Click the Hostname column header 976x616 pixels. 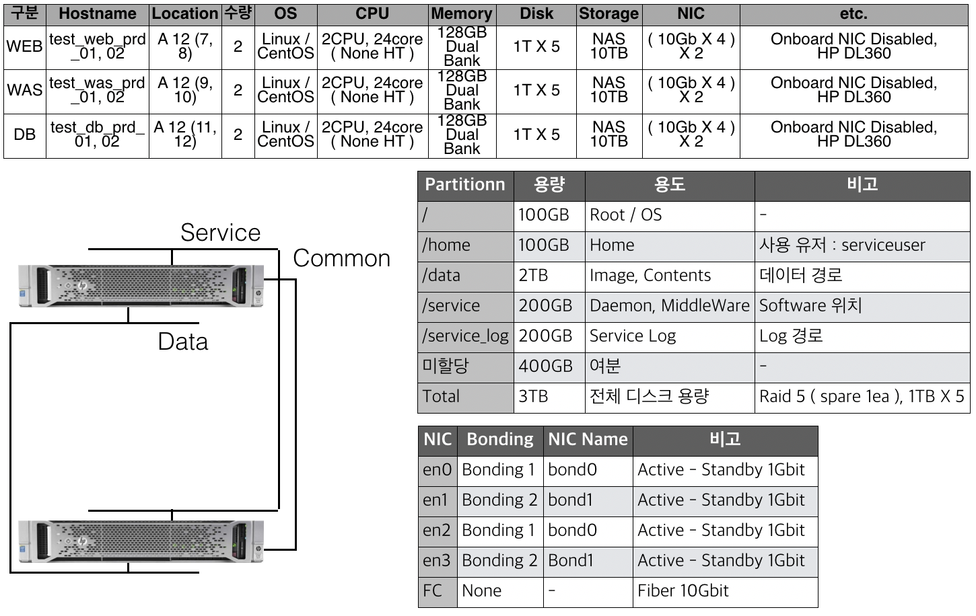98,13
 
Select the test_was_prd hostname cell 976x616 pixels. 98,90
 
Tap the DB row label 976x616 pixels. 25,134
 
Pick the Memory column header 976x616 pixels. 462,13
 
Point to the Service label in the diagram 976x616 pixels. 220,233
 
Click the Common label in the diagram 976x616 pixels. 341,258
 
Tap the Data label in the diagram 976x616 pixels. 182,342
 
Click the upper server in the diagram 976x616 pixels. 141,286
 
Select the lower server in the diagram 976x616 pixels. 141,541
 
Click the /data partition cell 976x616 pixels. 465,276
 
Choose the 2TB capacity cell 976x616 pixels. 549,276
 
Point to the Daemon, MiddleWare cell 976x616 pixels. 669,306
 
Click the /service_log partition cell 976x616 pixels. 465,336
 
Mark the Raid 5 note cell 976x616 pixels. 862,397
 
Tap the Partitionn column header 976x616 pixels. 465,185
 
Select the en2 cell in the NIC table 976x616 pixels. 438,531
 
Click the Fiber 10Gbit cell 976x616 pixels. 724,591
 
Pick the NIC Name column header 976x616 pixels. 588,440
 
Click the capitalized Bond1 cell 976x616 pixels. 588,561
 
